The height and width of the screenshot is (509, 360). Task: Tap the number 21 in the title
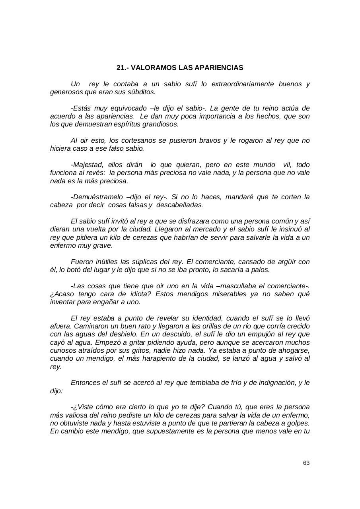click(x=120, y=68)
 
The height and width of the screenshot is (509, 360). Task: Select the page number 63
click(x=306, y=463)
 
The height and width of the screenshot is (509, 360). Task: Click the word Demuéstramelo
click(x=95, y=197)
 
